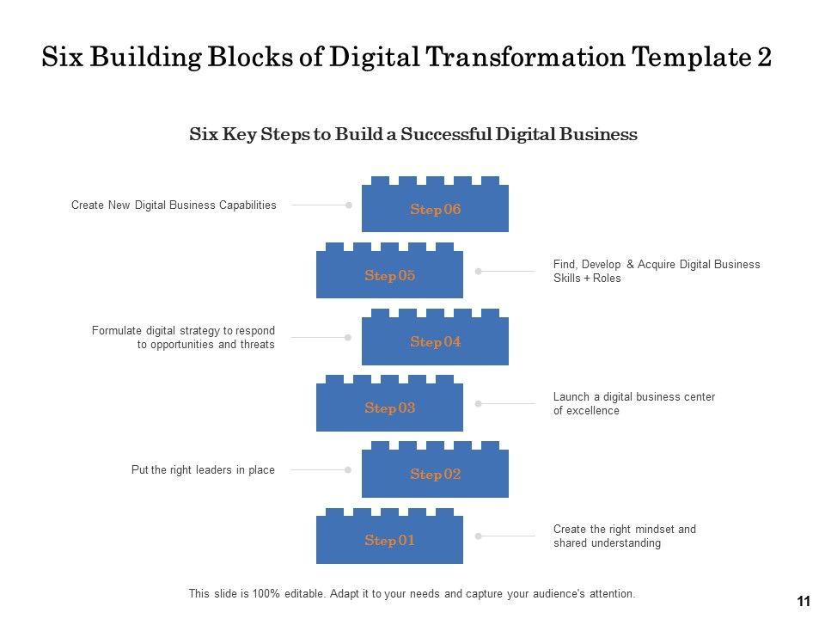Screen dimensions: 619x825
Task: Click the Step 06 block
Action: tap(435, 209)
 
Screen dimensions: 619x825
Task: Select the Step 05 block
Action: tap(389, 275)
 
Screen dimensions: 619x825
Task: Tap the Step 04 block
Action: tap(435, 341)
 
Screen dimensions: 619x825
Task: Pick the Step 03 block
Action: tap(389, 408)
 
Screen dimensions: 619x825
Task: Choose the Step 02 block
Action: tap(435, 474)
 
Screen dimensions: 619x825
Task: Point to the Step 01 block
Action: tap(389, 540)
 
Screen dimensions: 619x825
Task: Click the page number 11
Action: tap(804, 602)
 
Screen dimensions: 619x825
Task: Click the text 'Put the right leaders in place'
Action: tap(203, 470)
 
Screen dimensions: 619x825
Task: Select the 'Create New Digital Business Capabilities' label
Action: tap(174, 205)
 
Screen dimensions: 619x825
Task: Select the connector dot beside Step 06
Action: tap(349, 205)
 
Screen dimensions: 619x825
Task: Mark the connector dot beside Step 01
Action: tap(479, 536)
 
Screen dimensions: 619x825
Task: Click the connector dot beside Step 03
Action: tap(479, 403)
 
